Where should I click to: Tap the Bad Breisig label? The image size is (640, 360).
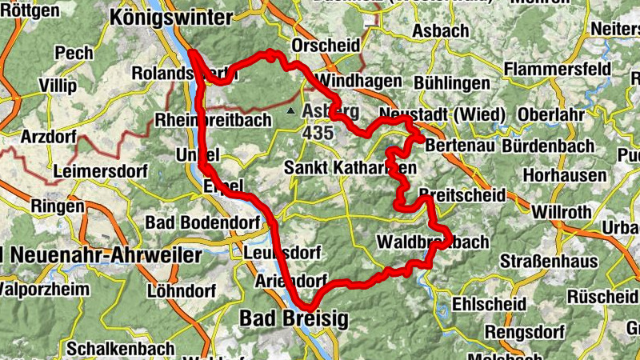pos(294,319)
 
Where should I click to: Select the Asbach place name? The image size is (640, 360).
pos(439,31)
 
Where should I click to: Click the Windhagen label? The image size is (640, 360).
pos(351,82)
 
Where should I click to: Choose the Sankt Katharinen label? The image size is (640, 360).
pos(350,168)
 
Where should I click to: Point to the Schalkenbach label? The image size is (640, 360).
pos(110,349)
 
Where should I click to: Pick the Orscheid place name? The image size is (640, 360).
pos(326,46)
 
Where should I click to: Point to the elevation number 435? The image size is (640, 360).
pos(318,132)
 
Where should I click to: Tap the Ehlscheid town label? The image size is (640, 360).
pos(489,304)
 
